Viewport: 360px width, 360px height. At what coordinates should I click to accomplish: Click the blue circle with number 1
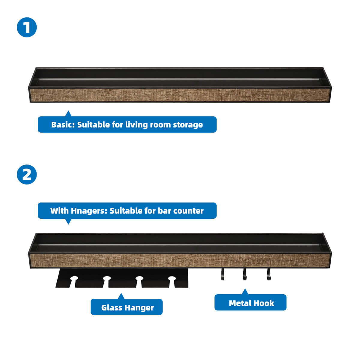pyautogui.click(x=27, y=27)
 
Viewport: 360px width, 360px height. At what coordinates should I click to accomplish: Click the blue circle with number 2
pyautogui.click(x=27, y=174)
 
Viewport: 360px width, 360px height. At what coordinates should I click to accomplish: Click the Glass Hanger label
pyautogui.click(x=127, y=307)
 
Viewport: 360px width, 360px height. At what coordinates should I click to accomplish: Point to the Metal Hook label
pyautogui.click(x=251, y=303)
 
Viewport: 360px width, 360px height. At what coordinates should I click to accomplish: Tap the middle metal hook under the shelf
pyautogui.click(x=245, y=274)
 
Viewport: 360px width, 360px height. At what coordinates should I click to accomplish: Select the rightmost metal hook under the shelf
pyautogui.click(x=268, y=274)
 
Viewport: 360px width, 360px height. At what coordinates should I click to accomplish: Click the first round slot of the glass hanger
pyautogui.click(x=74, y=279)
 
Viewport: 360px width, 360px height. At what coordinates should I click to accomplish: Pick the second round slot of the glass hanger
pyautogui.click(x=106, y=279)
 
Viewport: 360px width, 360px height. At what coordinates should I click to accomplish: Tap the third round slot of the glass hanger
pyautogui.click(x=139, y=279)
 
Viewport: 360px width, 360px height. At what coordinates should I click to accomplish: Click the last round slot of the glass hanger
pyautogui.click(x=171, y=279)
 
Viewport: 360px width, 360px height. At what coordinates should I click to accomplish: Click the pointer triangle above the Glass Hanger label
pyautogui.click(x=121, y=296)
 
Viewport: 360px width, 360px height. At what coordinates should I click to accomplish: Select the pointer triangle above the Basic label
pyautogui.click(x=68, y=114)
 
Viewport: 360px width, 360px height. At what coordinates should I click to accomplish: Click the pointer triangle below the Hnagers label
pyautogui.click(x=68, y=221)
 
